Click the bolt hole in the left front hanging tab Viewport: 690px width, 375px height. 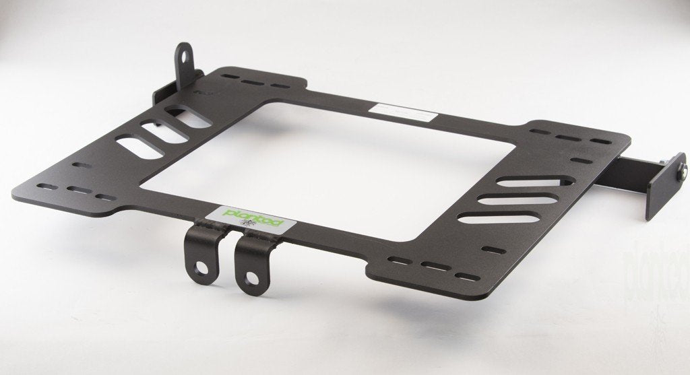201,268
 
